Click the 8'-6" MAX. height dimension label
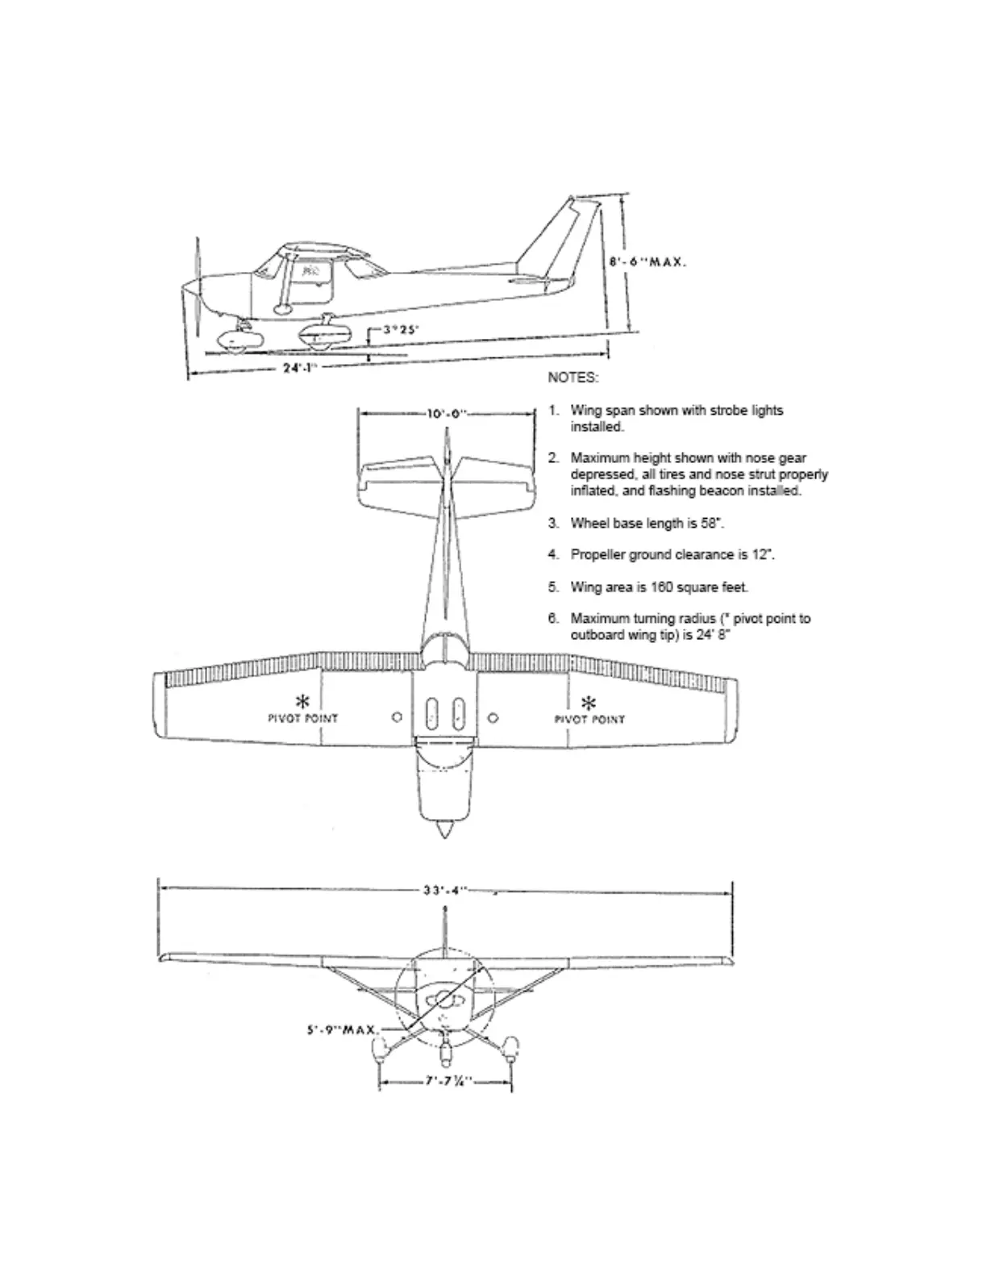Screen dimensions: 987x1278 (x=648, y=262)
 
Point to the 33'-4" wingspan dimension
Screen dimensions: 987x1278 (x=445, y=891)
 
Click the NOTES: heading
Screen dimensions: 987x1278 (x=573, y=378)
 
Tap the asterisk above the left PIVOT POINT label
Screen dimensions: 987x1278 (x=303, y=700)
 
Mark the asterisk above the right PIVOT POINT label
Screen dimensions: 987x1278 (x=589, y=701)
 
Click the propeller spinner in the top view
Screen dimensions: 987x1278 (x=444, y=829)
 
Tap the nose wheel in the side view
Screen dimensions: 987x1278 (x=234, y=342)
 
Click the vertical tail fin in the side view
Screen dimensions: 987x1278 (x=561, y=238)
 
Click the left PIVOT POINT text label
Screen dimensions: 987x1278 (x=303, y=718)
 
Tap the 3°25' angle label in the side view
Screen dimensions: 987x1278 (x=401, y=329)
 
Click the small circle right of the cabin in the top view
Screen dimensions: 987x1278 (x=493, y=717)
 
